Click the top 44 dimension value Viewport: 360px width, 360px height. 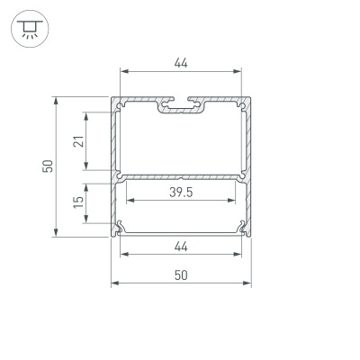[x=181, y=63]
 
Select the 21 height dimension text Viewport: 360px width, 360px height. [x=78, y=140]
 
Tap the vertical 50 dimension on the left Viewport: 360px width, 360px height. [x=48, y=165]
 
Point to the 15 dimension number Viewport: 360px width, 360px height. [x=78, y=204]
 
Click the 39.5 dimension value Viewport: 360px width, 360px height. [x=181, y=193]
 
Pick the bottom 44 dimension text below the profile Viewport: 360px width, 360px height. [x=181, y=246]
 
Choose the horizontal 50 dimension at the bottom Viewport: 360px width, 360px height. [x=181, y=276]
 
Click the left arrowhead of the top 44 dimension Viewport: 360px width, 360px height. [x=122, y=73]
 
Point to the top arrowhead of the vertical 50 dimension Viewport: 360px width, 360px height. [x=58, y=98]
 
